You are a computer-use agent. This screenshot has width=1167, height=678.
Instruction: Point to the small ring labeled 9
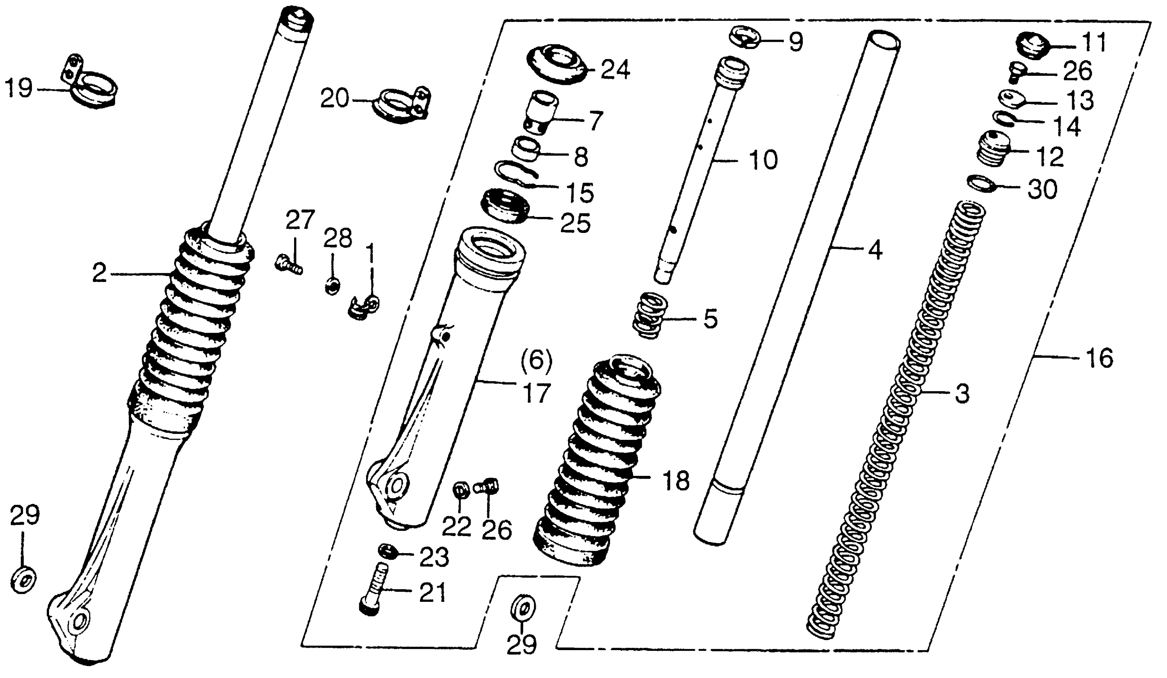tap(746, 37)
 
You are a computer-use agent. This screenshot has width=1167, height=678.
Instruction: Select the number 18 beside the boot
tap(676, 481)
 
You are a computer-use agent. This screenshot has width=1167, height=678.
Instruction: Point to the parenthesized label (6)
tap(536, 361)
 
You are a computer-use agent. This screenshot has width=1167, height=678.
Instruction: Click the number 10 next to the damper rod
tap(763, 160)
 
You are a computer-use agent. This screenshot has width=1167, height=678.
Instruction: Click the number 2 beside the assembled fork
tap(99, 274)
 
